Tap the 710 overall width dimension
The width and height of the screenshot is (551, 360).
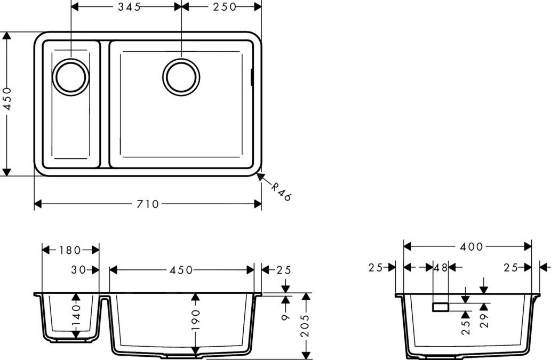click(148, 204)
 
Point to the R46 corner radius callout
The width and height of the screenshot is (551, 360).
click(281, 191)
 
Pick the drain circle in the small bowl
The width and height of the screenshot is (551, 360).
click(70, 77)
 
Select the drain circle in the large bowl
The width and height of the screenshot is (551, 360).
click(181, 77)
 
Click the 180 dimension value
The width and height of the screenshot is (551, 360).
click(70, 250)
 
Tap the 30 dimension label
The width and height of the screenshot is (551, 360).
click(78, 270)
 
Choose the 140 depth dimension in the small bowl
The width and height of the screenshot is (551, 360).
click(76, 315)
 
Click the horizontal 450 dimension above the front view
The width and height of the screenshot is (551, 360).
click(181, 270)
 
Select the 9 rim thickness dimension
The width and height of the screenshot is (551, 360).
click(285, 317)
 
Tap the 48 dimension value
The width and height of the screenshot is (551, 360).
click(441, 268)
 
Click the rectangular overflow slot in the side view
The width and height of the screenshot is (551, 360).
click(441, 307)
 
